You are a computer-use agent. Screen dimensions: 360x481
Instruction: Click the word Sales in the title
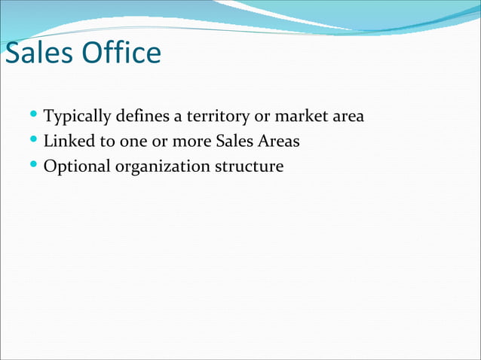coord(39,53)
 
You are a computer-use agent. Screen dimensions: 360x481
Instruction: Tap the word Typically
coord(78,117)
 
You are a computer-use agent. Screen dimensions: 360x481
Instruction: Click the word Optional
coord(77,166)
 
